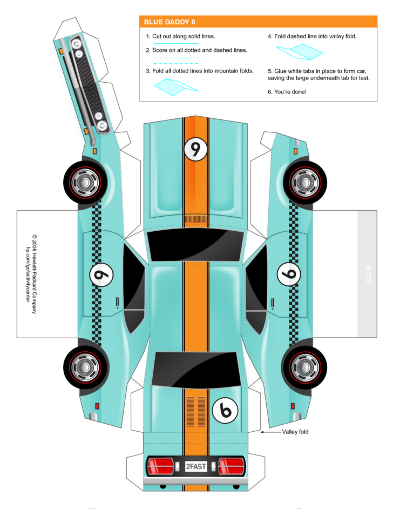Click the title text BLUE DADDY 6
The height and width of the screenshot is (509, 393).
[x=170, y=22]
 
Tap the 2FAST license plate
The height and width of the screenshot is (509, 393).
[x=195, y=466]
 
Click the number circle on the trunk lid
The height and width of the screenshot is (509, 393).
[x=225, y=412]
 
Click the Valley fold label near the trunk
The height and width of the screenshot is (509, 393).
[x=295, y=432]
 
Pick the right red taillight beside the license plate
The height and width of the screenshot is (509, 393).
[x=231, y=465]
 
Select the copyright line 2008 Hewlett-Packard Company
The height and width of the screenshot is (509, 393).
[x=34, y=274]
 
